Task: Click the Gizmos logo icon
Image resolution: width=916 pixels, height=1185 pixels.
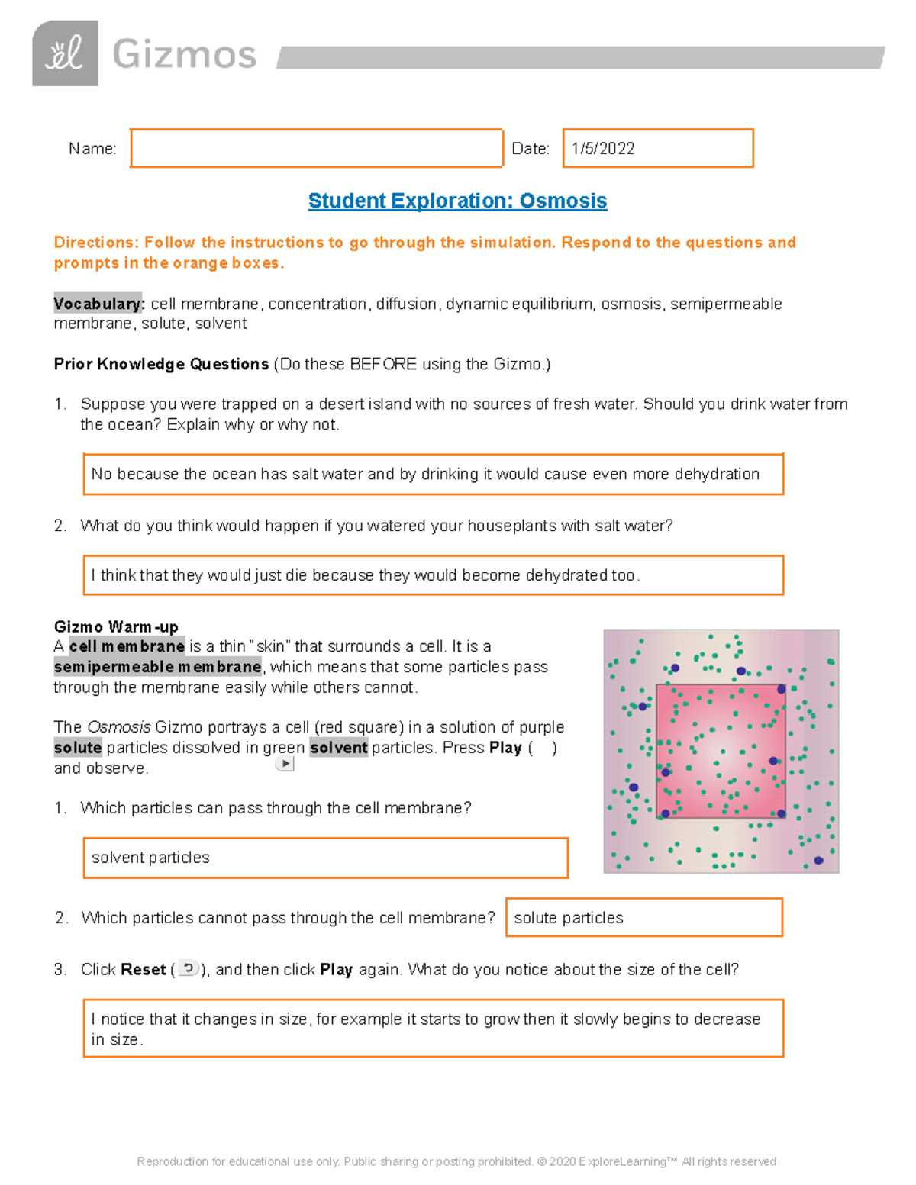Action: [x=65, y=53]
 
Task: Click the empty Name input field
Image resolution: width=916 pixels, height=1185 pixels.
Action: [x=316, y=148]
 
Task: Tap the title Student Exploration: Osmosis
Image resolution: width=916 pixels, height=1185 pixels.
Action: [x=457, y=201]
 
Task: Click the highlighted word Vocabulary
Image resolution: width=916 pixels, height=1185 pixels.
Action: [x=98, y=304]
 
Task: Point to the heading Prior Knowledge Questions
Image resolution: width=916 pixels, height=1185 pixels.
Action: [x=161, y=364]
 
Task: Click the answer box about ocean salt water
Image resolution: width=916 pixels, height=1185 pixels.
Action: [x=433, y=474]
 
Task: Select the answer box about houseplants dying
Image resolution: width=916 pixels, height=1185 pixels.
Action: [x=433, y=575]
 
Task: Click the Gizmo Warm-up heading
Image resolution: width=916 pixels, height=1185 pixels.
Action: [x=116, y=626]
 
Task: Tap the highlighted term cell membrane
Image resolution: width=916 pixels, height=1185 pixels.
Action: [x=127, y=646]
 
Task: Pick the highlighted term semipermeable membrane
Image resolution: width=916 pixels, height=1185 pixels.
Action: [x=157, y=667]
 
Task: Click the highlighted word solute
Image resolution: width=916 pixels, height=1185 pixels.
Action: [x=78, y=748]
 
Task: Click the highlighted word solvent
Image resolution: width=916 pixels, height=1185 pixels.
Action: [x=339, y=748]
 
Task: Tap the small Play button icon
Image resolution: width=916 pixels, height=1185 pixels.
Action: [x=285, y=763]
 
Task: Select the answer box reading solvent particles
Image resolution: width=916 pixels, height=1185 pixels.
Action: [x=325, y=858]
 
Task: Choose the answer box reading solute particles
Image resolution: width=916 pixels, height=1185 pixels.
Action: [x=643, y=917]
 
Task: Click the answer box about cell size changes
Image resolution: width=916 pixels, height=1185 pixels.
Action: [x=433, y=1029]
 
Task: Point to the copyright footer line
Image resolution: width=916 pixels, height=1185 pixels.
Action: [x=456, y=1161]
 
